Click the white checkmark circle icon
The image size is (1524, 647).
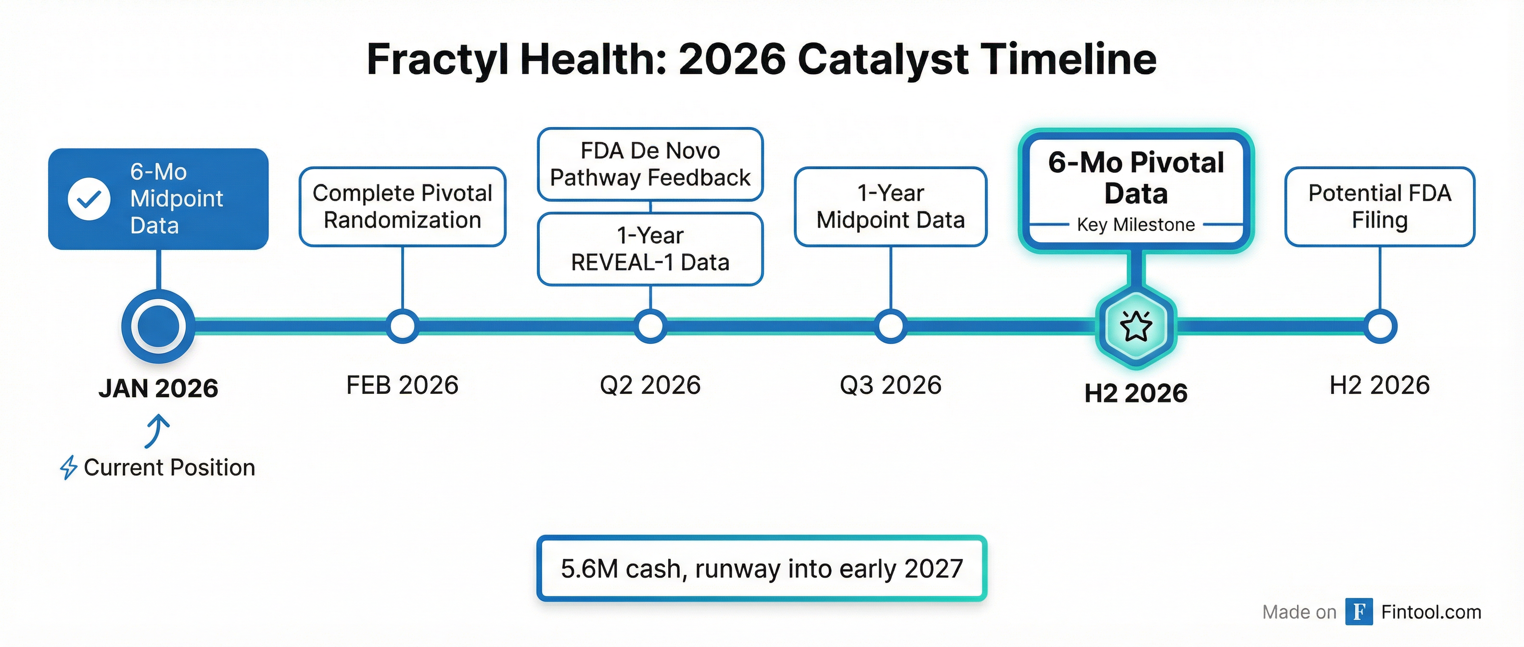pos(89,199)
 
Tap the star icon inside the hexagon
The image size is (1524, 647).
pos(1136,326)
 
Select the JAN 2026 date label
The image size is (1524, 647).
pos(159,388)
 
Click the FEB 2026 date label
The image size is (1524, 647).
pos(402,385)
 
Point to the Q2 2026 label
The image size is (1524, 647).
pos(650,385)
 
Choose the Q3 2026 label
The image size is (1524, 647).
pos(890,385)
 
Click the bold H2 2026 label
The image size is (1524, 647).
pos(1136,393)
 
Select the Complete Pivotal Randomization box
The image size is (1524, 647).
pos(402,207)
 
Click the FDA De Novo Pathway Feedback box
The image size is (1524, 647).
pos(650,164)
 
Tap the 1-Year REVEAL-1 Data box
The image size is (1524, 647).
pos(650,249)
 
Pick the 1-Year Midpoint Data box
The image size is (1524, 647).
pos(890,207)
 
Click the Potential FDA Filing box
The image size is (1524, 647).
pos(1380,207)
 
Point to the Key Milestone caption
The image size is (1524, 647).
pos(1136,225)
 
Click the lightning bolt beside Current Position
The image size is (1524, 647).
pos(69,467)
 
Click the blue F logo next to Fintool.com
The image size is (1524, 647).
pos(1359,611)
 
